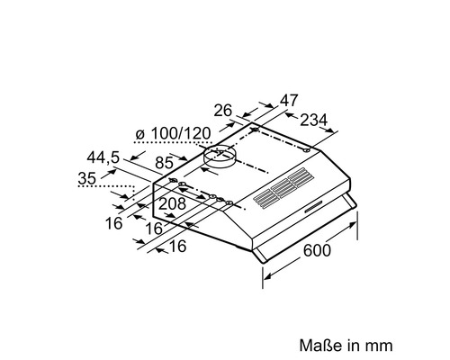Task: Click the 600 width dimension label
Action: pos(317,250)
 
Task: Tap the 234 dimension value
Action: pos(314,121)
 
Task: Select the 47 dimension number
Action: pos(289,101)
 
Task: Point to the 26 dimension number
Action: pos(223,111)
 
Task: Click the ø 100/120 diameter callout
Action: pos(173,133)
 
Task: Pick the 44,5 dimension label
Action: pos(103,157)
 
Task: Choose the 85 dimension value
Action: pos(165,163)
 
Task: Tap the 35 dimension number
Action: pos(87,178)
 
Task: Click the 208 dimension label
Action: pos(172,204)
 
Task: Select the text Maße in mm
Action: pos(346,346)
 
